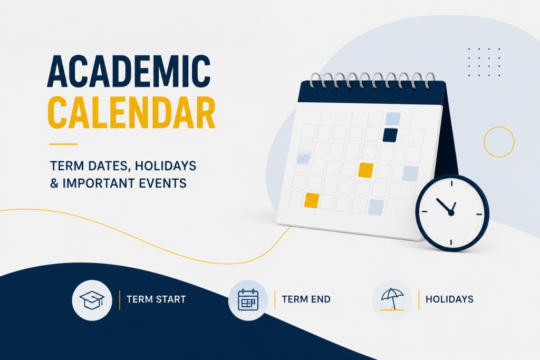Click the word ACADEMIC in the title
click(129, 71)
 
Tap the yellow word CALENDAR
click(131, 113)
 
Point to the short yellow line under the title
click(63, 144)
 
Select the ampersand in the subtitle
click(54, 183)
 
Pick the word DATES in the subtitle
click(108, 166)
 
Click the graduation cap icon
click(92, 300)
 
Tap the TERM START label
click(156, 299)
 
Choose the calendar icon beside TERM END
click(248, 300)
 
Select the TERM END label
click(306, 299)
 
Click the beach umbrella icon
click(392, 299)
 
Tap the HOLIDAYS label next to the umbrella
click(449, 299)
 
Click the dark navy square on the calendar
click(390, 135)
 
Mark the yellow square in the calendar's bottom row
click(312, 200)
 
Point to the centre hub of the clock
click(451, 213)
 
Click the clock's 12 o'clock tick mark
click(451, 183)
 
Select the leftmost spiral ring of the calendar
click(314, 80)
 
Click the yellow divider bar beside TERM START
click(120, 300)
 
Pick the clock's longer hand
click(443, 206)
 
